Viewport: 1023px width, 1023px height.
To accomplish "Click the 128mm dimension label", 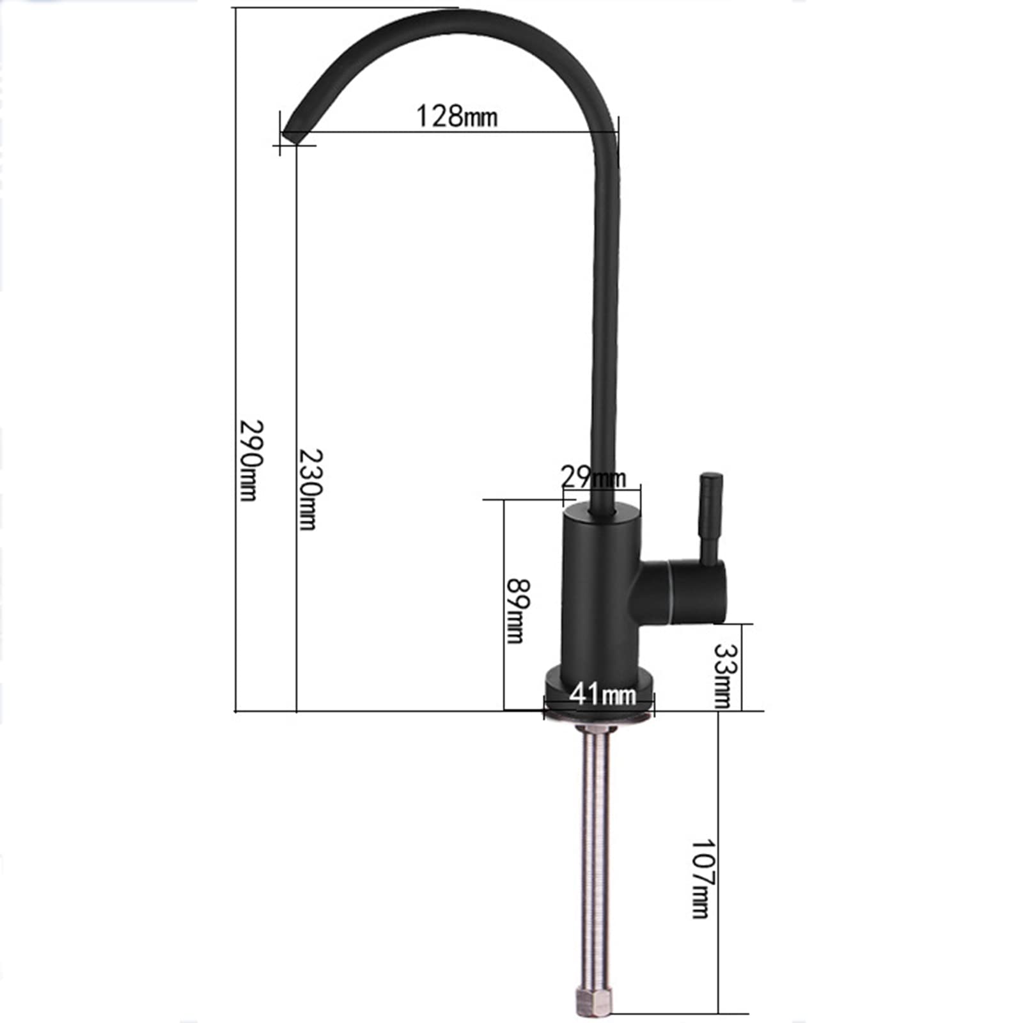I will coord(456,116).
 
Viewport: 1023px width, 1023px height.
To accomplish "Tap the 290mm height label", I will coord(249,460).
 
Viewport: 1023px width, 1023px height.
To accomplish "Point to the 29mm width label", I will coord(593,477).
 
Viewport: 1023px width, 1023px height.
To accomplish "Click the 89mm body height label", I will coord(517,611).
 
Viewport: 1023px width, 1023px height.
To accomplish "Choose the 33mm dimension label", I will coord(723,675).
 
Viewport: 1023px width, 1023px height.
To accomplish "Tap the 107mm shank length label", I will coord(702,879).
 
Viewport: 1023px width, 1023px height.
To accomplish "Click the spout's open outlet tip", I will coord(293,136).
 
